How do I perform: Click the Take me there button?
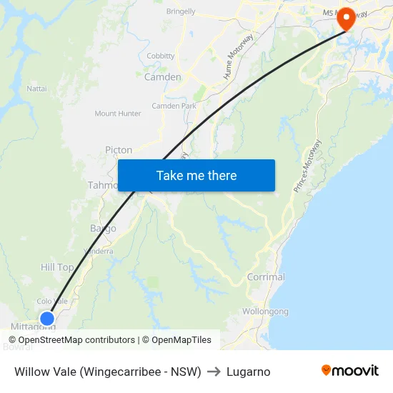click(x=196, y=175)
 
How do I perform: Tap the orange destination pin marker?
click(x=347, y=18)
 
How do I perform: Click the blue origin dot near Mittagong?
click(x=47, y=318)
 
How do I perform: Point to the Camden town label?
click(x=163, y=77)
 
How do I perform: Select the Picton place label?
click(x=119, y=150)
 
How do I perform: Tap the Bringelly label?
click(x=181, y=12)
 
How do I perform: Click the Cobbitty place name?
click(x=161, y=56)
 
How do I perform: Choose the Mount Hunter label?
click(x=118, y=114)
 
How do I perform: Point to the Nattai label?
click(x=36, y=89)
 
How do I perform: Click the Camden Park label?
click(x=174, y=106)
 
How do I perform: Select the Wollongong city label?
click(x=265, y=312)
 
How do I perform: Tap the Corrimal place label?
click(x=266, y=277)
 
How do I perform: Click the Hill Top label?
click(x=57, y=267)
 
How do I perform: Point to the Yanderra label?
click(x=98, y=251)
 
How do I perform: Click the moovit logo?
click(x=349, y=371)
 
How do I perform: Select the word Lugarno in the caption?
click(x=248, y=372)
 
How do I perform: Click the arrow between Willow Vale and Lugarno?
click(x=214, y=372)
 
